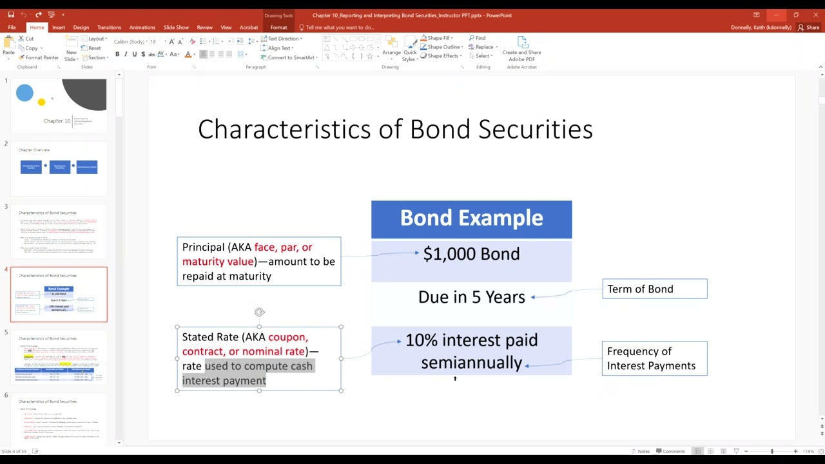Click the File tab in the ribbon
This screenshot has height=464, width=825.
[x=12, y=27]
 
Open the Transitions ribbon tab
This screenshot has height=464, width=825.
[x=109, y=27]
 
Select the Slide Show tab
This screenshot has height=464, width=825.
[x=176, y=27]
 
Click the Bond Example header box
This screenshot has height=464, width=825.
[x=471, y=218]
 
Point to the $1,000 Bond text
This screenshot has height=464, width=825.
[x=471, y=254]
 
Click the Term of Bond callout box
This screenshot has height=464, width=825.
[x=654, y=289]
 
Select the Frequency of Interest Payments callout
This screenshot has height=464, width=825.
[x=654, y=358]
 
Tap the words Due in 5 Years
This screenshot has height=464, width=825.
[x=471, y=297]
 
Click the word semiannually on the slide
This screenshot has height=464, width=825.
[x=471, y=363]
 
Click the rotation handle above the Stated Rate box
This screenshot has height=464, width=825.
[x=260, y=313]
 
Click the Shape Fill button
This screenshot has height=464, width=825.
[x=438, y=38]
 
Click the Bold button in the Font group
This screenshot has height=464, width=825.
[x=117, y=54]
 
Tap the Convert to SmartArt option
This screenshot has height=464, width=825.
[x=291, y=57]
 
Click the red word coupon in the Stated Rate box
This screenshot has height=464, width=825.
[x=287, y=337]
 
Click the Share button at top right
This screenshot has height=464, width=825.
[x=809, y=27]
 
